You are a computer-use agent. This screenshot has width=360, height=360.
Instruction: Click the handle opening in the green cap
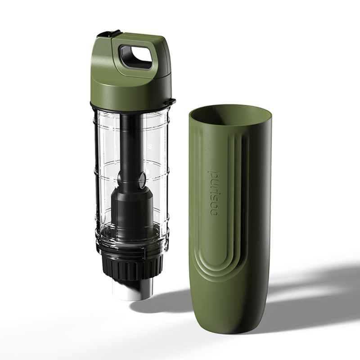point(136,58)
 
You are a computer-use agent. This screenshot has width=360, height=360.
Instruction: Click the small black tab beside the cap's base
point(171,101)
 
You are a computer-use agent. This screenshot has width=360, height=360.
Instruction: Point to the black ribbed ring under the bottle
point(132,267)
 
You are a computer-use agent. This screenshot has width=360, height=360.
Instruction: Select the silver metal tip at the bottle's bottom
point(132,289)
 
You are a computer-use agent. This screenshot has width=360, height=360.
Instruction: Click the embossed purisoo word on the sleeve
point(212,193)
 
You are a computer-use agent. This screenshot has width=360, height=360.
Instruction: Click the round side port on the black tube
point(142,178)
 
